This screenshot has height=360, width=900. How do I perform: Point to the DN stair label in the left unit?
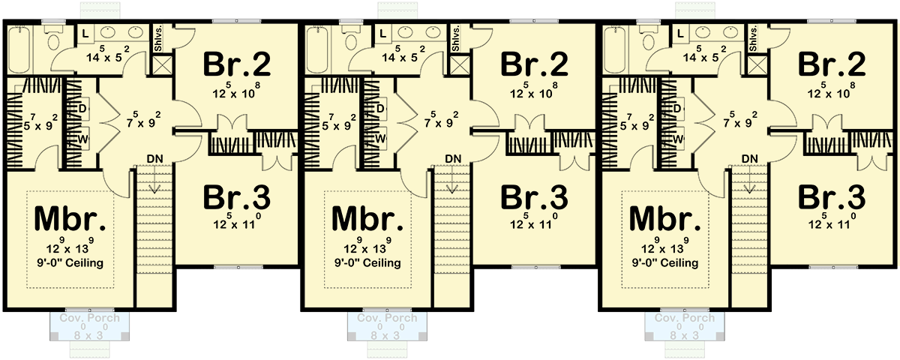[155, 158]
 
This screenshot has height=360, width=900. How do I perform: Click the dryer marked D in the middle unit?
[381, 109]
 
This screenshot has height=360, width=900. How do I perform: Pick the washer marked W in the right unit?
[679, 138]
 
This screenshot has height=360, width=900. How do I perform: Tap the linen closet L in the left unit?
[84, 34]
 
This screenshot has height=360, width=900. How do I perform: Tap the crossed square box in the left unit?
[161, 64]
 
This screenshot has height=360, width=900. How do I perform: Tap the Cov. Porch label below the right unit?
[684, 318]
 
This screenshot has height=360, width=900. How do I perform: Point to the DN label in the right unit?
[750, 158]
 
